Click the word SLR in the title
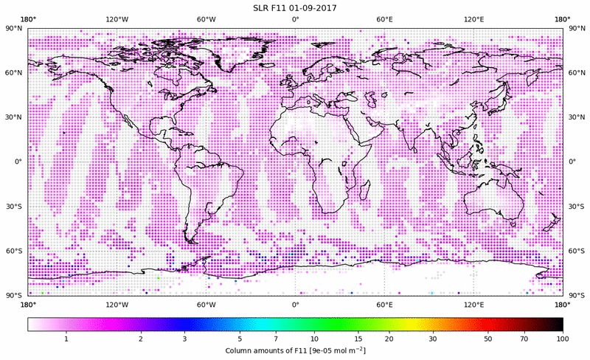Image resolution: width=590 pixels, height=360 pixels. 261,8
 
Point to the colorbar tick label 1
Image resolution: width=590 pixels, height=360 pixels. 66,338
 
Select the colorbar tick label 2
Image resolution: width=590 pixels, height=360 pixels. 140,338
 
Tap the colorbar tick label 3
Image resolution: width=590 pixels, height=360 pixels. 184,338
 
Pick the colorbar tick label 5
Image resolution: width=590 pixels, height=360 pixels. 240,338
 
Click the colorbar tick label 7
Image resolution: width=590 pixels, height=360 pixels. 277,338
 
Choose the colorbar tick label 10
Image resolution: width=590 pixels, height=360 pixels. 315,338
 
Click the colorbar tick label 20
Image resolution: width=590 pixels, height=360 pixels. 389,338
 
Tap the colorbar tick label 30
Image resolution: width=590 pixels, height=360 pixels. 433,338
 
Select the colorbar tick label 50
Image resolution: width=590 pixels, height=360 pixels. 488,338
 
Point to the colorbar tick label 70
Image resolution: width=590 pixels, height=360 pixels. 524,338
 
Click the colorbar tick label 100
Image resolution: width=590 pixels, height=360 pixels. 563,338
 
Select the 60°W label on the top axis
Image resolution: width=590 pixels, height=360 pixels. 206,19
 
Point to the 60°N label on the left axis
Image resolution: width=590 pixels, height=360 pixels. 14,73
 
